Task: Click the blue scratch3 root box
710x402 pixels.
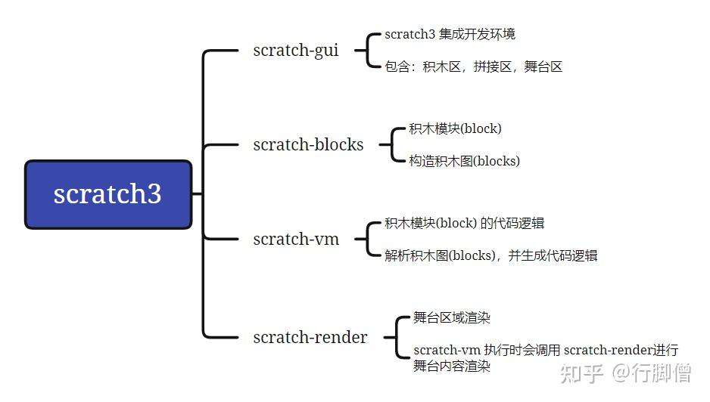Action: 107,194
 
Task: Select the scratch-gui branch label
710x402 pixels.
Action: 296,51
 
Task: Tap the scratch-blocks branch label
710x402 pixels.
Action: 308,144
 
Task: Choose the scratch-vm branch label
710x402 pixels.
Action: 296,239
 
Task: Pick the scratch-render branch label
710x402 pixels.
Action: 310,337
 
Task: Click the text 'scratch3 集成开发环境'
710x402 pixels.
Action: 450,34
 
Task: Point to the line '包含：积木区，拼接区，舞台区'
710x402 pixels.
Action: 473,66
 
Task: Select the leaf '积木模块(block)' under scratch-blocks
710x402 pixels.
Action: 455,128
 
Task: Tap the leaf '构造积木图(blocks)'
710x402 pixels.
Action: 464,160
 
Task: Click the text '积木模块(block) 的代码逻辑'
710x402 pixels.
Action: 464,223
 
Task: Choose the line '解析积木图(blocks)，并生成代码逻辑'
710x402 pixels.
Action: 490,255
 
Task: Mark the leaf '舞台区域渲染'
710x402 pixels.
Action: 452,317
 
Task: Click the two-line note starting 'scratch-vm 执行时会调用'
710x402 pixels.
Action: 545,358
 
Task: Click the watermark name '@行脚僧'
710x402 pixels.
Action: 652,373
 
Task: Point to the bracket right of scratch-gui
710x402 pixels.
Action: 368,51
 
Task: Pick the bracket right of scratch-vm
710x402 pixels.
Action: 368,239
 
